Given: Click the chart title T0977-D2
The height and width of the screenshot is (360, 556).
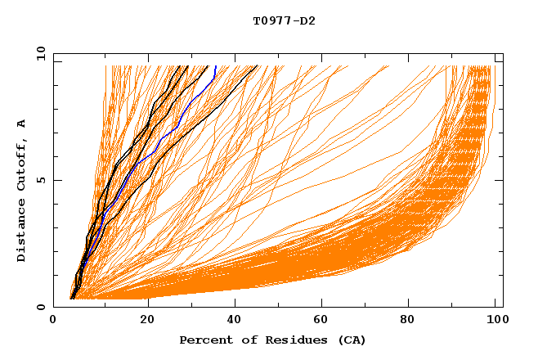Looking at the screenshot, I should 284,20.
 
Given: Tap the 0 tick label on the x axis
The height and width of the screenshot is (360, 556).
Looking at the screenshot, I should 53,321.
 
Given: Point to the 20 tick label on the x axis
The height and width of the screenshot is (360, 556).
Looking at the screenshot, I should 147,321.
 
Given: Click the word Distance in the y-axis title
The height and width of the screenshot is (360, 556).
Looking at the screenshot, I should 22,232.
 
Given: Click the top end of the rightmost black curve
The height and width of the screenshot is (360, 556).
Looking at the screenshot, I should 258,66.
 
